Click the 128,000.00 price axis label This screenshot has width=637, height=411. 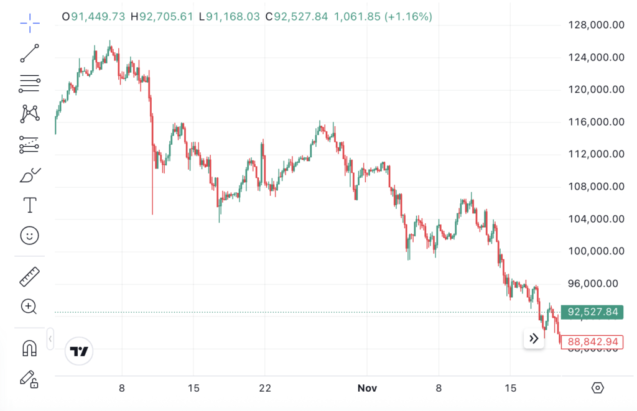pos(596,25)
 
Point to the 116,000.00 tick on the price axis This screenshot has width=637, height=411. pos(596,122)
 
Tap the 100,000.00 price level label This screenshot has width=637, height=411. pos(596,251)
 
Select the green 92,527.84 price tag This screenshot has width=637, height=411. pos(592,312)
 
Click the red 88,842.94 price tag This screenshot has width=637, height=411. pos(592,342)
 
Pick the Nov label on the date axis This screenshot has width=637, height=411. pos(368,388)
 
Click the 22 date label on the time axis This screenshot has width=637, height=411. pos(265,388)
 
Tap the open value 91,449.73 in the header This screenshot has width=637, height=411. pos(99,17)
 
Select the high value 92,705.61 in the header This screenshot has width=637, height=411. pos(166,17)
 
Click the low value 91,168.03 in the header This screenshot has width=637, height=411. pos(233,17)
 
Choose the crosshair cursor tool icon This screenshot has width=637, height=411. pos(29,24)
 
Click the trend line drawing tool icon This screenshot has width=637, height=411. pos(29,53)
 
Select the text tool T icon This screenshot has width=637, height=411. pos(29,205)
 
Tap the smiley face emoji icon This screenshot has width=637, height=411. pos(29,235)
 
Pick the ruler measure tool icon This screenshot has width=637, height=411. pos(29,277)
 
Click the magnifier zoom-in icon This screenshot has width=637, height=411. pos(29,306)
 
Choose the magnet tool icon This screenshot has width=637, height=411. pos(29,348)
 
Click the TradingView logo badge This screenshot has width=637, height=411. pos(79,351)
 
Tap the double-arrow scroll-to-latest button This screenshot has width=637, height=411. pos(534,339)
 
